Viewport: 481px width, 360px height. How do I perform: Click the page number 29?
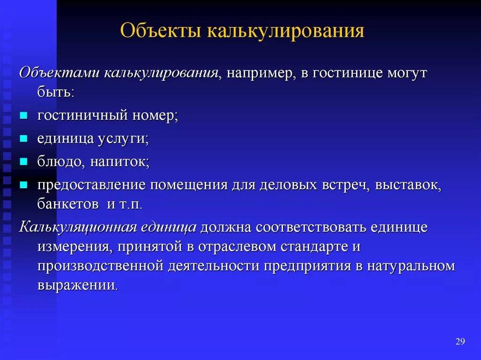point(460,341)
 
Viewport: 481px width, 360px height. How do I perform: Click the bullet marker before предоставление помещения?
point(23,185)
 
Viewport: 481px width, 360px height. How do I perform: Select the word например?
point(257,74)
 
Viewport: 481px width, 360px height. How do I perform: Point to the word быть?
point(55,92)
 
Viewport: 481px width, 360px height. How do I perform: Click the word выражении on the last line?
point(77,285)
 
